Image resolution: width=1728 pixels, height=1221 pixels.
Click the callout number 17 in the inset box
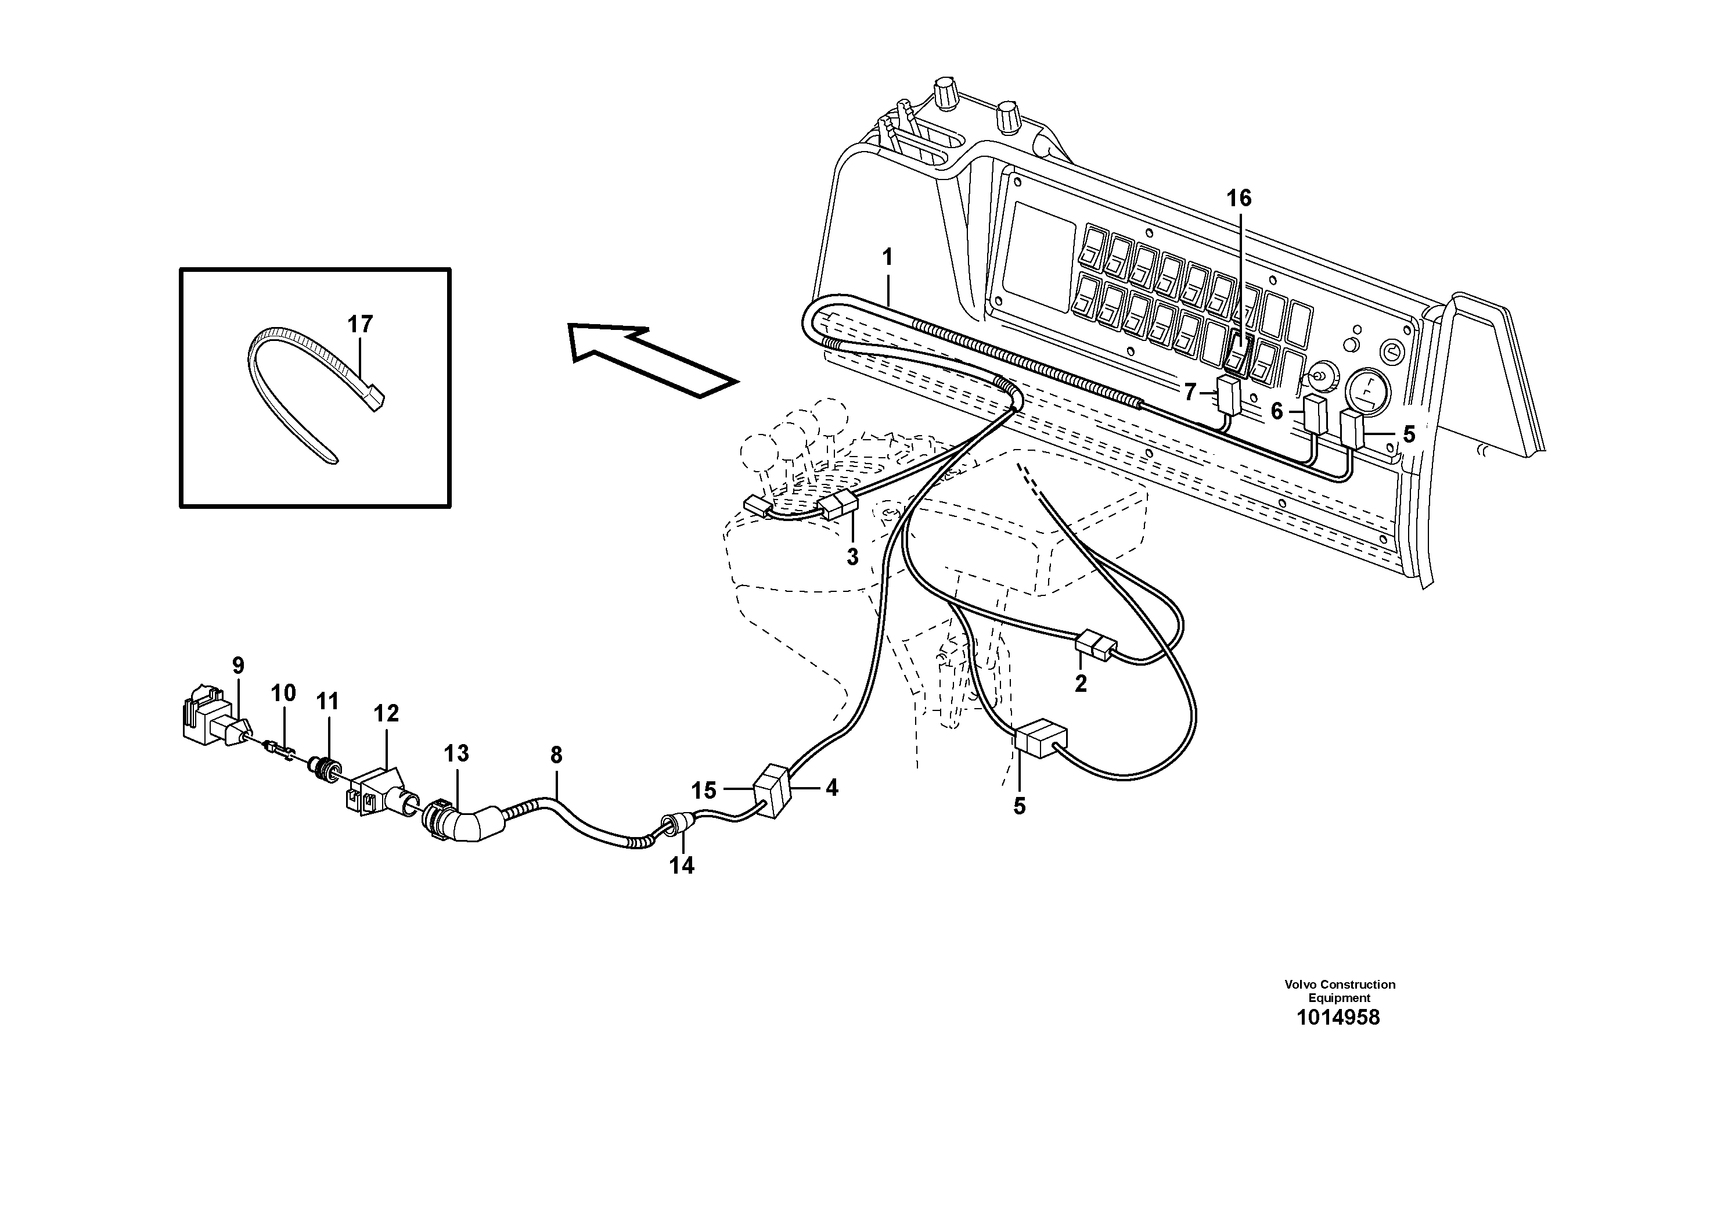[360, 325]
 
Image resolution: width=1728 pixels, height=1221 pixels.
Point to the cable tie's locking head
[376, 397]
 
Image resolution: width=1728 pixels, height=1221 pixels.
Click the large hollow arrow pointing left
[651, 360]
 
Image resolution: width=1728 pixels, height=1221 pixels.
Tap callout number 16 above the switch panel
[1239, 199]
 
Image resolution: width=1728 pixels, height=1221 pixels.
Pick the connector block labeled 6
[1315, 413]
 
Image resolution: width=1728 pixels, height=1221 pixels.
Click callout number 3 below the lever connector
[852, 557]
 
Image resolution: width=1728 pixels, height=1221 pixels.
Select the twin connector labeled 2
[1095, 645]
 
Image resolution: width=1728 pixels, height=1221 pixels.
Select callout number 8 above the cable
[556, 755]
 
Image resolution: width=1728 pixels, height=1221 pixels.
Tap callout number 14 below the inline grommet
[682, 866]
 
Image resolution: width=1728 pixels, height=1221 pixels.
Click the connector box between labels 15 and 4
[772, 789]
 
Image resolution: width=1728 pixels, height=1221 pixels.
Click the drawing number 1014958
[1338, 1018]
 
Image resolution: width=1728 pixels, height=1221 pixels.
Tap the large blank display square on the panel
[1039, 256]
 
